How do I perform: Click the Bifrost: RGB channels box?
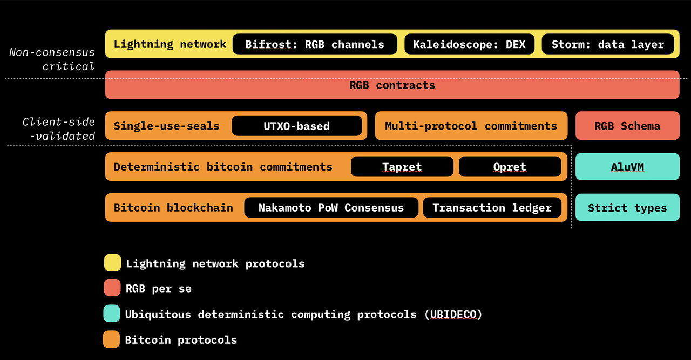(315, 44)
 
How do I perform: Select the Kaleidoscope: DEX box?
(469, 44)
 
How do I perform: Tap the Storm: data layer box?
(608, 44)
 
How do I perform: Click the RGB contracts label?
(392, 85)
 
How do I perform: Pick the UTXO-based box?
(297, 126)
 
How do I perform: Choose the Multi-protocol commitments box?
(471, 126)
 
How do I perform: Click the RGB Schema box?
(627, 126)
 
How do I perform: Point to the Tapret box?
(402, 167)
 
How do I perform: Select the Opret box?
(510, 167)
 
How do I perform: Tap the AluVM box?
(627, 167)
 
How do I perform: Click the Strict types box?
(627, 208)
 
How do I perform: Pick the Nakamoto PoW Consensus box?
(331, 208)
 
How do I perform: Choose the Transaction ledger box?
(492, 208)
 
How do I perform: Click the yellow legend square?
(112, 263)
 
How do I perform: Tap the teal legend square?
(112, 314)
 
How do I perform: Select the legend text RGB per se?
(159, 289)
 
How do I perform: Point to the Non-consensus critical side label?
(52, 59)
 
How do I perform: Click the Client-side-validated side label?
(59, 129)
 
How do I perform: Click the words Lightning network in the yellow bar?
(170, 44)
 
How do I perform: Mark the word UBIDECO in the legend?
(452, 314)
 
